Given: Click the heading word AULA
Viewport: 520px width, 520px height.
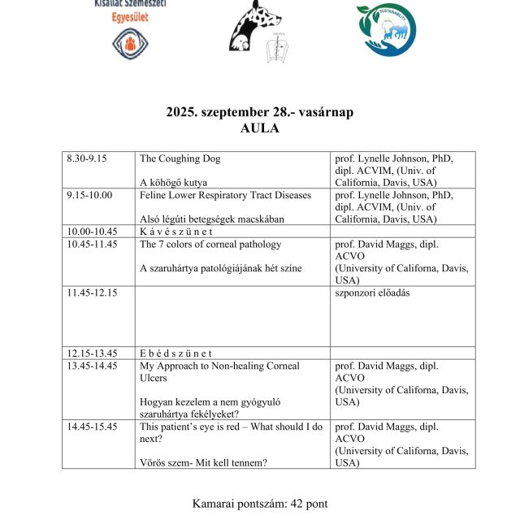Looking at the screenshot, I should coord(260,128).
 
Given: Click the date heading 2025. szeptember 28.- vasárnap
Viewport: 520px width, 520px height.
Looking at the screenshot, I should coord(260,112).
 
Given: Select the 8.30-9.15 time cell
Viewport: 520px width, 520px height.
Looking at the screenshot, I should coord(87,158).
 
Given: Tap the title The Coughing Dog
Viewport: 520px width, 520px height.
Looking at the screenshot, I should coord(180,158).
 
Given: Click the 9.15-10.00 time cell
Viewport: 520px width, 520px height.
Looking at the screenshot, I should coord(89,195).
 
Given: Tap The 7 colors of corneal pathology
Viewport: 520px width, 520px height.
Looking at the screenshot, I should coord(210,244).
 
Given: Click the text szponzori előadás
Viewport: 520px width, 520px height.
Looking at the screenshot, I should coord(372,292).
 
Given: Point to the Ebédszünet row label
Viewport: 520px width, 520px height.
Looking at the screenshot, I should coord(175,353).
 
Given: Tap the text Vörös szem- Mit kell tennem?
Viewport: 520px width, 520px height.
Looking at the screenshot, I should coord(204,463).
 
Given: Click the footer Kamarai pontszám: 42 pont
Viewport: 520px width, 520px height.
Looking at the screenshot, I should coord(260,504).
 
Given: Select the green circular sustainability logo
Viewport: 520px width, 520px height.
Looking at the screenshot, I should coord(387,30).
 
